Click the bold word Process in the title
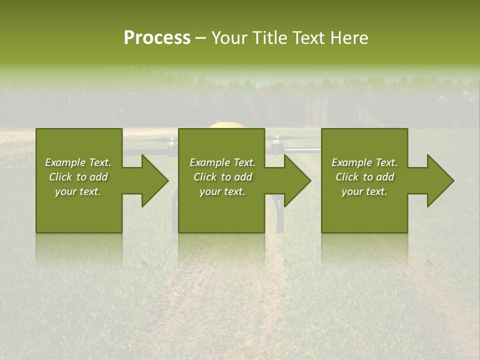tap(157, 38)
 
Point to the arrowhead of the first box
tap(155, 180)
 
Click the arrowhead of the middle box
tap(297, 180)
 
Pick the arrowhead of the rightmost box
tap(440, 180)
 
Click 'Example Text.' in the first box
tap(78, 162)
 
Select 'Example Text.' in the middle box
tap(222, 162)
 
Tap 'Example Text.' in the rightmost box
tap(364, 162)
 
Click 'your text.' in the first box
tap(78, 191)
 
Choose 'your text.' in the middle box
tap(222, 191)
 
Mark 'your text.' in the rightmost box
tap(364, 191)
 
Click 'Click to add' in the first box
tap(78, 177)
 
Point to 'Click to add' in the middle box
tap(222, 177)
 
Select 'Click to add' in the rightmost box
tap(364, 177)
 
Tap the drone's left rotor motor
tap(172, 143)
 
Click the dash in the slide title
tap(201, 38)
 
